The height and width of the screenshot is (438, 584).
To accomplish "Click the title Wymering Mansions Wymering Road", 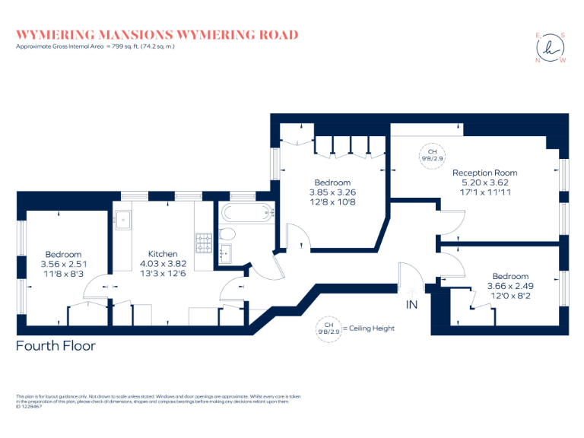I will coord(157,35).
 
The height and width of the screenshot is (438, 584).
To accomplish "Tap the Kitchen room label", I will coord(163,254).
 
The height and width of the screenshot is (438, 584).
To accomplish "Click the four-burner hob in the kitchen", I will coord(204,243).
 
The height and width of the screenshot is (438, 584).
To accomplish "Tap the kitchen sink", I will coord(124,221).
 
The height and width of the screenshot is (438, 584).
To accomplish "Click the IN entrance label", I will coord(411,305).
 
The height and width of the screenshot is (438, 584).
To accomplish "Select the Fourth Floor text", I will coord(56,346).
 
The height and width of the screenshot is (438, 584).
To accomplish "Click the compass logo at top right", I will coord(551,47).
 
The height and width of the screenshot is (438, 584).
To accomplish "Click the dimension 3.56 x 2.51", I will coord(63,265).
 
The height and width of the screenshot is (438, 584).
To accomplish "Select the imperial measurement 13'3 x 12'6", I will coord(163,274).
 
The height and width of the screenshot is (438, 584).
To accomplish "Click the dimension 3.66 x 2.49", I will coord(510,286).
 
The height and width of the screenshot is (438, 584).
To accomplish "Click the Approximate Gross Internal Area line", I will coord(95,47).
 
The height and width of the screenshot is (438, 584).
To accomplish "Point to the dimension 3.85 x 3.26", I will coord(333,192).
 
